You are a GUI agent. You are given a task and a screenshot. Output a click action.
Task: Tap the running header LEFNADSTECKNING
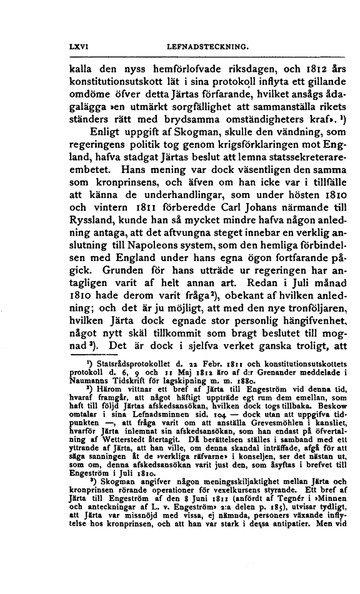click(x=200, y=45)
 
